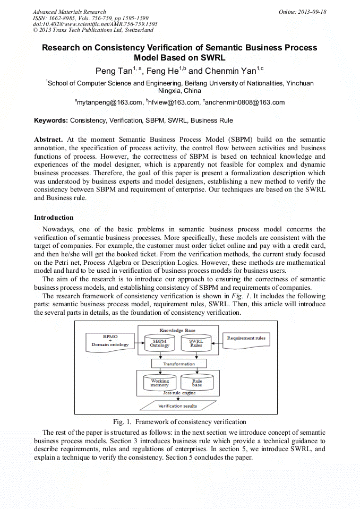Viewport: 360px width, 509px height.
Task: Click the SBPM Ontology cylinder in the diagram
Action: pos(159,343)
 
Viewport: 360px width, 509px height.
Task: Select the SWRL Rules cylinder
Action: pos(196,343)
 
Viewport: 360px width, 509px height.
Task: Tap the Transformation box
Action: pos(178,364)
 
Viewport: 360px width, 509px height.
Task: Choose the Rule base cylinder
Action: pos(196,383)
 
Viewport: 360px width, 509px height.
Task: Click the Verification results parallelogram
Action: pos(178,406)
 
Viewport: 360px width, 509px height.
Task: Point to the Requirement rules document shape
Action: pos(246,339)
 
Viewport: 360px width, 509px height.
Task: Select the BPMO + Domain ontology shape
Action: pos(110,341)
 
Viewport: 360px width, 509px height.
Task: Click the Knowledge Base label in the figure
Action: pos(178,330)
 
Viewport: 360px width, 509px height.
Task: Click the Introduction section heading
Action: pos(54,218)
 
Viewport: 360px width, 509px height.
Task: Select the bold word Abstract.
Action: pos(48,139)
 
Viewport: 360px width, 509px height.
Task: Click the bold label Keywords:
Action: pos(51,120)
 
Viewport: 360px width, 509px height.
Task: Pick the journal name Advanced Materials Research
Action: pos(70,12)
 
